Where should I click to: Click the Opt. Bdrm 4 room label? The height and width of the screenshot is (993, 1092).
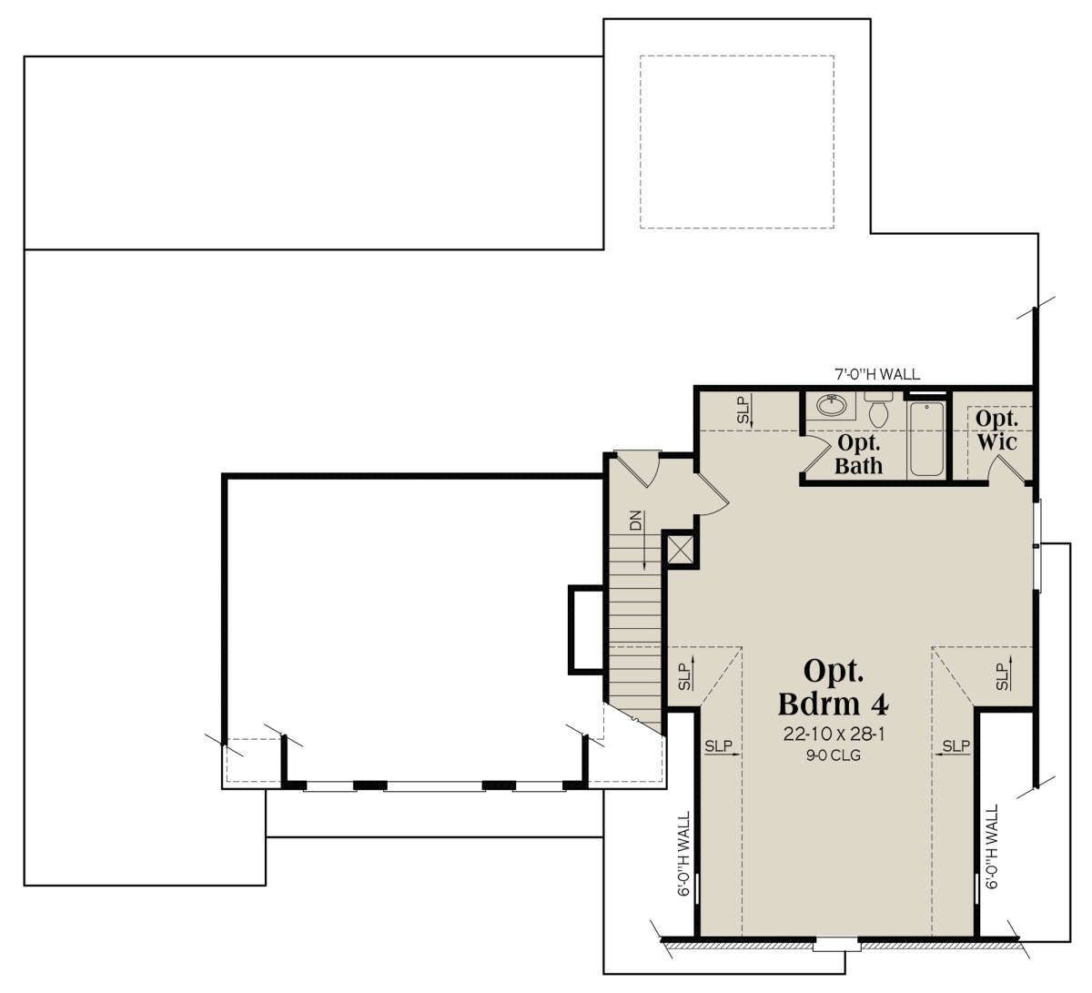point(834,688)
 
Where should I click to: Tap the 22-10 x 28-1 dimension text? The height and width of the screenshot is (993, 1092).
point(834,735)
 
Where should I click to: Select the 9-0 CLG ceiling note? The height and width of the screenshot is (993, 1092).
point(834,755)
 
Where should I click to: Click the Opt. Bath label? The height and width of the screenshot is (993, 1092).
point(858,454)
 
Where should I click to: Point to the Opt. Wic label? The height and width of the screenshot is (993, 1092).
point(996,431)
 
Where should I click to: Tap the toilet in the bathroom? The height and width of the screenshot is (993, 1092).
point(879,409)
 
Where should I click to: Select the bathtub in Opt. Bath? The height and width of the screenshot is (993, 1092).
point(925,439)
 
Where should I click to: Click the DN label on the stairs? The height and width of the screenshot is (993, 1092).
point(636,520)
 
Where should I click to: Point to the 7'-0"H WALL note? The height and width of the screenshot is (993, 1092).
point(877,374)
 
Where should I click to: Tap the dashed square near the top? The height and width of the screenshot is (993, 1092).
point(737,142)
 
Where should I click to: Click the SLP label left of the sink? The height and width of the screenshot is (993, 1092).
point(743,411)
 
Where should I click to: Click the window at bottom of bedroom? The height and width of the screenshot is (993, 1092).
point(836,945)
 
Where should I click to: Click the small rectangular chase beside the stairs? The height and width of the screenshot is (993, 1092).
point(586,630)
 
